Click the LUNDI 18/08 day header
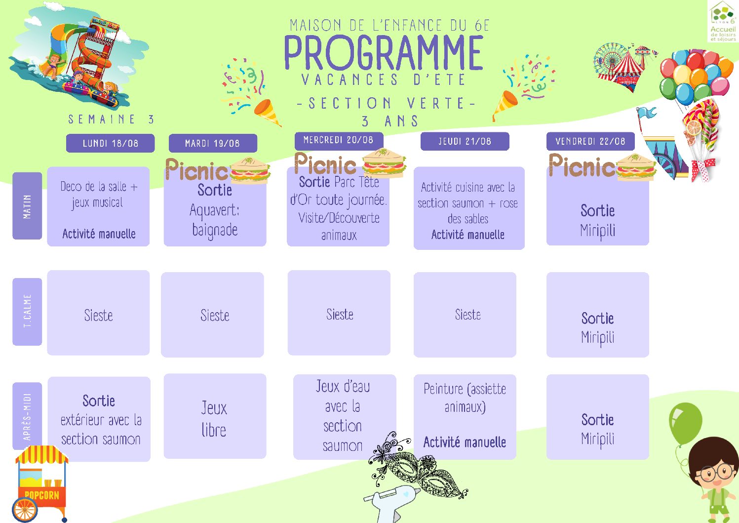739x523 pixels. tap(110, 143)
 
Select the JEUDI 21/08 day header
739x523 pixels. tap(465, 141)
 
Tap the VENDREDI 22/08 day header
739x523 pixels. tap(590, 141)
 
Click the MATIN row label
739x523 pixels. tap(27, 206)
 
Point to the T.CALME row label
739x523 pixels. tap(27, 312)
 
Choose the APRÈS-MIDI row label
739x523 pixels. tap(27, 416)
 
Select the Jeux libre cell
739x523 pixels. tap(215, 416)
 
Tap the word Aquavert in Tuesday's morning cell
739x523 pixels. tap(214, 210)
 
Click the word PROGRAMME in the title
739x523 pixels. tap(384, 53)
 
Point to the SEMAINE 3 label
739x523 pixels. tap(112, 119)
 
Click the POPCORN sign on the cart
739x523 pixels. tap(42, 495)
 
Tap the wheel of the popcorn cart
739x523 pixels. tap(25, 510)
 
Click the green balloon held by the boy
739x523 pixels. tap(685, 423)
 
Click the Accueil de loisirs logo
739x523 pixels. tap(723, 21)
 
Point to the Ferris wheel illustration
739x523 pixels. tap(611, 60)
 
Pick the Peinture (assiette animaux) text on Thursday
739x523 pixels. tap(465, 398)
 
